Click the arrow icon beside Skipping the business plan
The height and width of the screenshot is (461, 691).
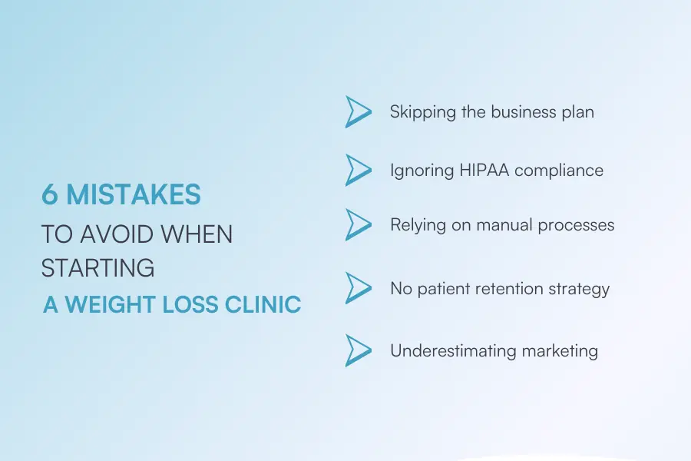358,112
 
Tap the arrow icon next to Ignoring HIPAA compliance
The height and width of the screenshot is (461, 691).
358,170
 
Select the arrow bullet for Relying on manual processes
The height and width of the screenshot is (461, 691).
358,225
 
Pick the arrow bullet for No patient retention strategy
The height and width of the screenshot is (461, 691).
358,288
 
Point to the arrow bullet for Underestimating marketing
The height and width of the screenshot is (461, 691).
358,350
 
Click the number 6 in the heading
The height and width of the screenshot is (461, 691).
50,195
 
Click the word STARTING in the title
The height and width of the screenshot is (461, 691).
98,268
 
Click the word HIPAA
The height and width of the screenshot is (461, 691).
480,170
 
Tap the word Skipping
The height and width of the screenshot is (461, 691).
422,112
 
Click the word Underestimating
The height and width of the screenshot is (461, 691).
453,350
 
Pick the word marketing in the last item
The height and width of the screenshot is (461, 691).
560,351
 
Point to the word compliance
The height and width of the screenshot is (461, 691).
559,171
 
